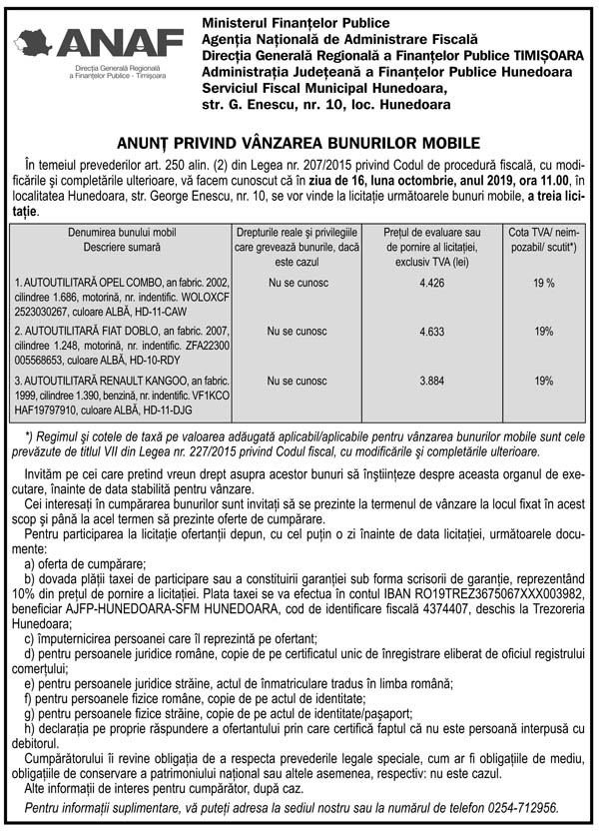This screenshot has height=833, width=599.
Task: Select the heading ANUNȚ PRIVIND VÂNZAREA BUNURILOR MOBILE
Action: pos(299,143)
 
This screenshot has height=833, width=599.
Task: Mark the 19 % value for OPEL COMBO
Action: pos(543,284)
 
